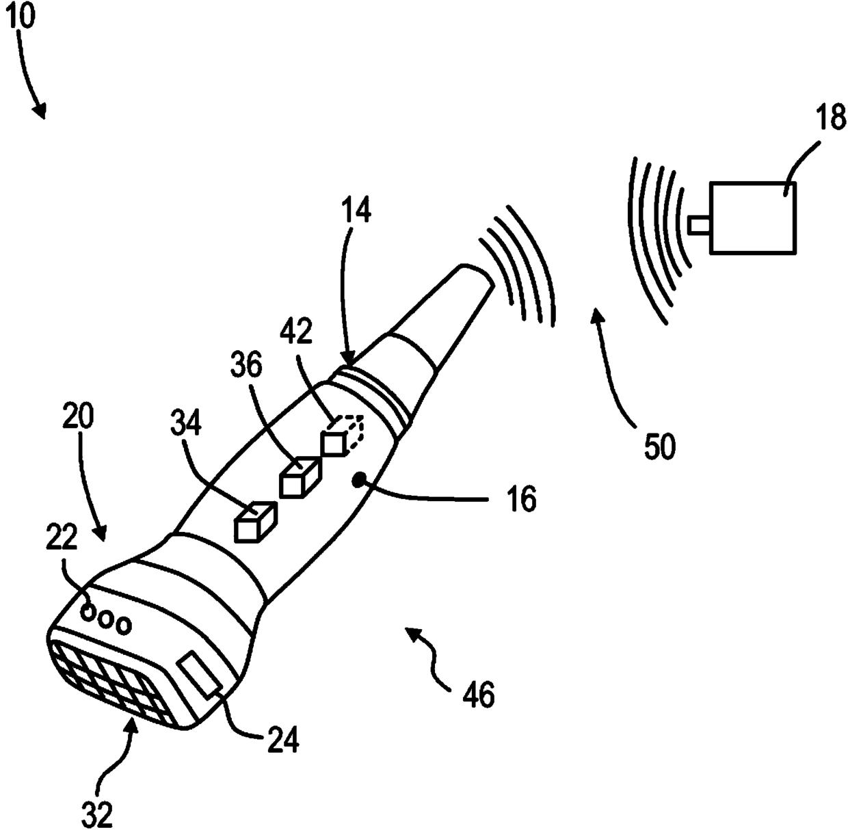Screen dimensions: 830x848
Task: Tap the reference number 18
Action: [x=831, y=118]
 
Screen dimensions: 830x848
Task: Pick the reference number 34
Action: [x=185, y=424]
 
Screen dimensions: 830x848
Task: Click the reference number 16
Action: [x=522, y=499]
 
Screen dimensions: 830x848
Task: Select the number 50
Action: [x=659, y=446]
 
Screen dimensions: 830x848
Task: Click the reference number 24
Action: [x=283, y=740]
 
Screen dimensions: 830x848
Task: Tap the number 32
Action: [x=98, y=813]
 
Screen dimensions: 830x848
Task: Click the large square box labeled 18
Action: [x=752, y=218]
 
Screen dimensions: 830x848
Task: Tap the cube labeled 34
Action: [x=254, y=522]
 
